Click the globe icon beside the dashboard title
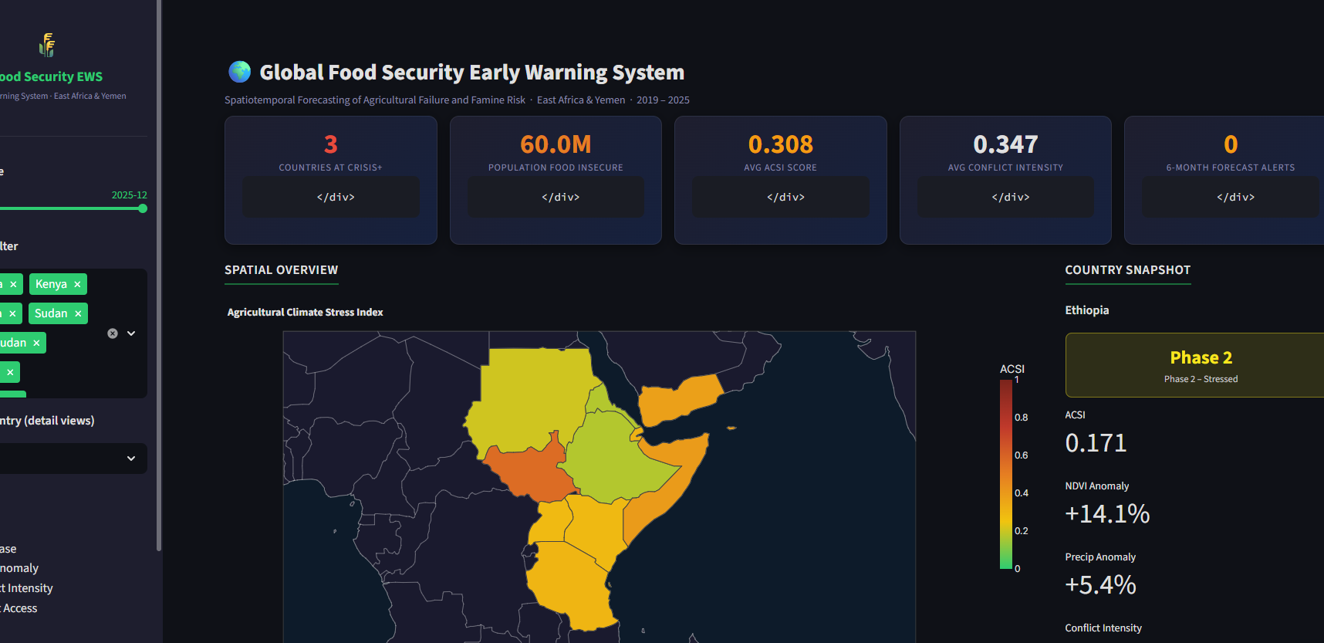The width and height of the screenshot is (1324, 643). click(x=240, y=72)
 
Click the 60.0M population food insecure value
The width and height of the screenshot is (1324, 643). click(x=556, y=144)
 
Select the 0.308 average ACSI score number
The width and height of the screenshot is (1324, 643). click(x=780, y=144)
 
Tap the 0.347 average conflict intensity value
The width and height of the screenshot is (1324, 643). click(x=1005, y=144)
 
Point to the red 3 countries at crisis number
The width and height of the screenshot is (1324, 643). click(x=331, y=144)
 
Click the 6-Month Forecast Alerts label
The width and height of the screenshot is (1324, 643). click(x=1230, y=168)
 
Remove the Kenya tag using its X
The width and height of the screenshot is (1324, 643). click(x=77, y=284)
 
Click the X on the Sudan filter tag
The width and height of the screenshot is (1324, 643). click(x=78, y=313)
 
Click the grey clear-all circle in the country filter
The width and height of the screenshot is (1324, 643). click(x=113, y=333)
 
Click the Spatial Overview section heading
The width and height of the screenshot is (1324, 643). click(x=281, y=270)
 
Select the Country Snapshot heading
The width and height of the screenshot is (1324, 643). click(x=1127, y=270)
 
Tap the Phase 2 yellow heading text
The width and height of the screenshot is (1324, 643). click(x=1201, y=357)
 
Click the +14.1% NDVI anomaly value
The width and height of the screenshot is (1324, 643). click(x=1107, y=514)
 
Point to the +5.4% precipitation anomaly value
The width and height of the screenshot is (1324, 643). click(x=1100, y=585)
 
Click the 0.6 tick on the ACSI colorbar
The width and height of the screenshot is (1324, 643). click(x=1021, y=455)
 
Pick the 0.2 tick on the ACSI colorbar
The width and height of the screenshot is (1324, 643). click(x=1021, y=531)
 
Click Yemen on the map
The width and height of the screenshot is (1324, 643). click(x=679, y=398)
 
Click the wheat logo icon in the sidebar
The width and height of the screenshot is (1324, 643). click(x=47, y=45)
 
